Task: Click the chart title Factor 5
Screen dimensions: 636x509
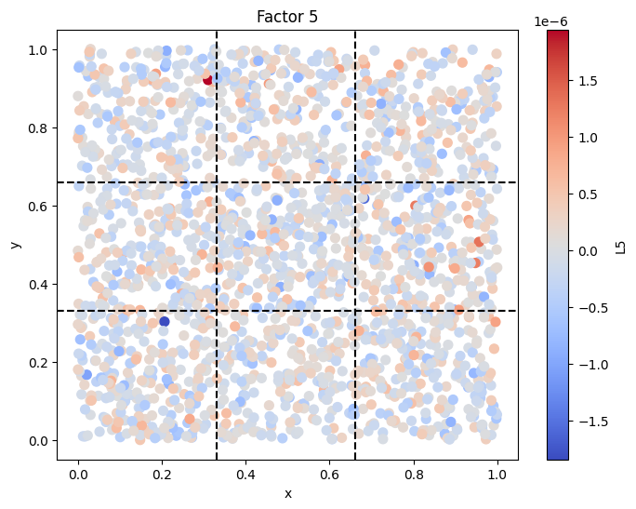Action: click(x=287, y=17)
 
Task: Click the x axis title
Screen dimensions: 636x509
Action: click(x=288, y=493)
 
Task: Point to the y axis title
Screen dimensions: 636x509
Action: click(x=15, y=245)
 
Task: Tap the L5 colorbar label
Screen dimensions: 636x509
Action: click(x=620, y=248)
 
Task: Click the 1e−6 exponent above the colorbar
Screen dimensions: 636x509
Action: click(x=550, y=21)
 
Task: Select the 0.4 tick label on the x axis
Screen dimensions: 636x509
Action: click(x=245, y=475)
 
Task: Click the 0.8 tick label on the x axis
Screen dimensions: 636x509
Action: click(x=414, y=475)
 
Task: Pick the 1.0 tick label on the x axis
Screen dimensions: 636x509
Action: click(x=497, y=475)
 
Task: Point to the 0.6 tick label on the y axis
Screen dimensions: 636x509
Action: click(x=37, y=207)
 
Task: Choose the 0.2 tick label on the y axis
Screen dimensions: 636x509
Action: click(x=37, y=363)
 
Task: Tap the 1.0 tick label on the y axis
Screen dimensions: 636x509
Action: click(x=37, y=50)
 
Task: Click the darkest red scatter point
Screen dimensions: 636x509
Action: click(x=207, y=79)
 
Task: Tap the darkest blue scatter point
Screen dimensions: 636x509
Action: click(x=165, y=321)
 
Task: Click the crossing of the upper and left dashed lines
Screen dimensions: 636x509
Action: click(x=217, y=182)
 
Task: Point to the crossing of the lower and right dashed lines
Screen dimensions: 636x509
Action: click(x=355, y=311)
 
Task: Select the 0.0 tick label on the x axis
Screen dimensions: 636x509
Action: click(x=78, y=475)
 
